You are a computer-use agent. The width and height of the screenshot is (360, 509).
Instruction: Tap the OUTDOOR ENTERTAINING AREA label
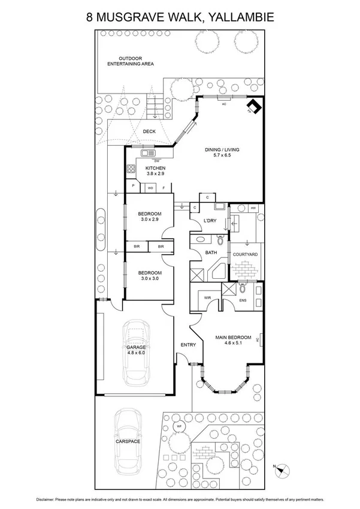(129, 60)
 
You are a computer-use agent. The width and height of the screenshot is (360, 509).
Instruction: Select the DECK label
(149, 131)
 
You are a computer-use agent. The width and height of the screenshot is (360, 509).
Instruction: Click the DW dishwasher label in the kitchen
(156, 161)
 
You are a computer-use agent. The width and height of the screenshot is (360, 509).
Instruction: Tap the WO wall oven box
(151, 188)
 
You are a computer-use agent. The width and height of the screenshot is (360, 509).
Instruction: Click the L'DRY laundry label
(210, 221)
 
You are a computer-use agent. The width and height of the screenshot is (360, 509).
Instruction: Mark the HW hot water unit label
(253, 208)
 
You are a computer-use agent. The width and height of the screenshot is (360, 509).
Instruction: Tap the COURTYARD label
(245, 255)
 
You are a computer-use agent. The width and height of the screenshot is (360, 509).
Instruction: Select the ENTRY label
(188, 345)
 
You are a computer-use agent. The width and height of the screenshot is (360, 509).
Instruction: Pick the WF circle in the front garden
(179, 426)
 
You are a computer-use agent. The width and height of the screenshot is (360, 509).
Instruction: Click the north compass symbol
(282, 470)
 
